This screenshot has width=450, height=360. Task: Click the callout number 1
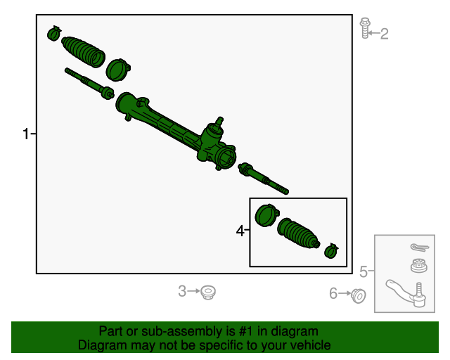click(26, 134)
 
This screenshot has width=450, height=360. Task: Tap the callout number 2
click(384, 33)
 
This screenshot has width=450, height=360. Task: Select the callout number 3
click(182, 291)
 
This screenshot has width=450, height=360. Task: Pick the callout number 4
click(240, 231)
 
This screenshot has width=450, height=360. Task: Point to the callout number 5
click(364, 271)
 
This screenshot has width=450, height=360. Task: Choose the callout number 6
click(333, 294)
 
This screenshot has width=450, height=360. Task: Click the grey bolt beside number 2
click(364, 28)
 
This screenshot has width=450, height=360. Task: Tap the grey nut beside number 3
click(207, 291)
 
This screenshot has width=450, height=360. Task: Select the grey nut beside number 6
click(358, 296)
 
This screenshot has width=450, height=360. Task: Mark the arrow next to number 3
click(194, 291)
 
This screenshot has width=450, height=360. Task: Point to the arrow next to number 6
click(345, 294)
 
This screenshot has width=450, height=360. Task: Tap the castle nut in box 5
click(418, 266)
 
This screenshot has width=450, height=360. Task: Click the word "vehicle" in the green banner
click(308, 345)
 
